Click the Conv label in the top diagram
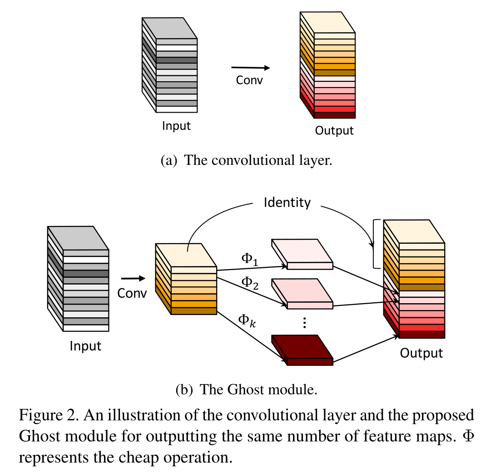(x=249, y=80)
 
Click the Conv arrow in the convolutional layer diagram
(x=251, y=68)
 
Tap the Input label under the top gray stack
(x=176, y=126)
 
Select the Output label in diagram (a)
(x=334, y=131)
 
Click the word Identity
(x=287, y=202)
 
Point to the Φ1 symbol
(x=249, y=259)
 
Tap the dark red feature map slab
(x=302, y=350)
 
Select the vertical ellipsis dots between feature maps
(x=305, y=323)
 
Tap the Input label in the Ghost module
(x=85, y=346)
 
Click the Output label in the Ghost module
(x=421, y=353)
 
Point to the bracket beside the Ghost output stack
(x=375, y=244)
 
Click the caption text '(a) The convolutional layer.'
(x=247, y=161)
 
